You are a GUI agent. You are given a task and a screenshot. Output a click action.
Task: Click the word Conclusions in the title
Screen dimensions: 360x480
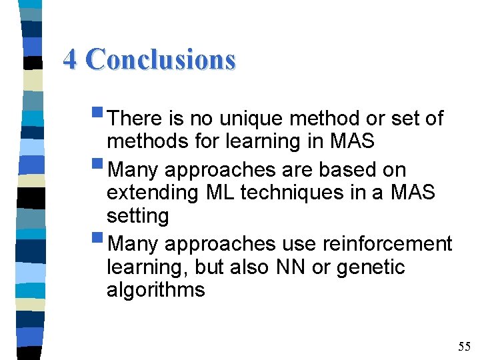click(x=161, y=59)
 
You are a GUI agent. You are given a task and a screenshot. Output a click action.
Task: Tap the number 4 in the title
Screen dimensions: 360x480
click(x=71, y=59)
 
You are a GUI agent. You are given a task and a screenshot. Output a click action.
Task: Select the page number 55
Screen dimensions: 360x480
click(x=464, y=346)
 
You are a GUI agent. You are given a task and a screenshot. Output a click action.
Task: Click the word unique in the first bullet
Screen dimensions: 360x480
click(x=247, y=119)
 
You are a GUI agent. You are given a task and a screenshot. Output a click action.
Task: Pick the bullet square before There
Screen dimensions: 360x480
click(x=100, y=115)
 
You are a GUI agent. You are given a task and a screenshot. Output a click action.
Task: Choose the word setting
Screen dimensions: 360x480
click(x=137, y=217)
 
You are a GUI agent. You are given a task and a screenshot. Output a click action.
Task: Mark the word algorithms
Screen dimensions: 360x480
click(x=155, y=291)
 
